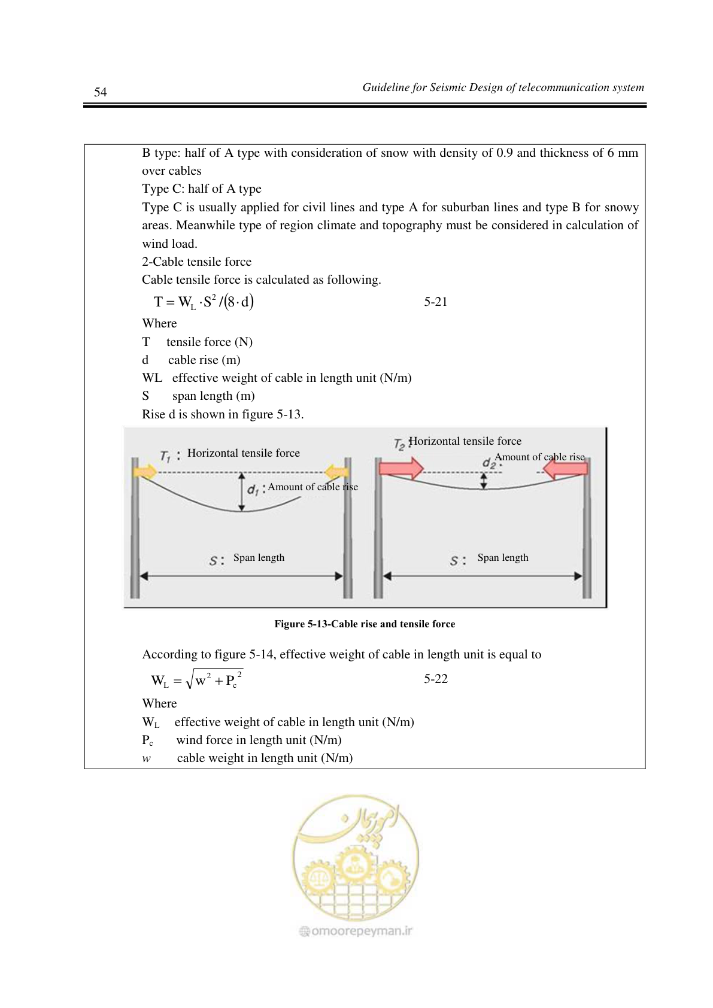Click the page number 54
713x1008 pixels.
101,92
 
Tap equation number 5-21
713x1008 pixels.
436,302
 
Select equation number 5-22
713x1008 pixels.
436,679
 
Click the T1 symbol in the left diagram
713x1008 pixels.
165,456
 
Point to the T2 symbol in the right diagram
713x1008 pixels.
399,444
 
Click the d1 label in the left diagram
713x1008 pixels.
253,490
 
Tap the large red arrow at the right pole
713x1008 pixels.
565,469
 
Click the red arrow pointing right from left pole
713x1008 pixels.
401,469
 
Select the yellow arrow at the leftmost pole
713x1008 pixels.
145,472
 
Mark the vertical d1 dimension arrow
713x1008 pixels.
242,492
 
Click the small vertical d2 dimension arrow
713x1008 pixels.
484,481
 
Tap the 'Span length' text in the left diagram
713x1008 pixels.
259,557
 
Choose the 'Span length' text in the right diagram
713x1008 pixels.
503,557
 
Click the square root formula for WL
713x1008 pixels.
197,679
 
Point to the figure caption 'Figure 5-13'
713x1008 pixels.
365,624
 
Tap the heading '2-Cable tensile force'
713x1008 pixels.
197,262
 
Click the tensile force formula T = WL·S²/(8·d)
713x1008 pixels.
204,302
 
